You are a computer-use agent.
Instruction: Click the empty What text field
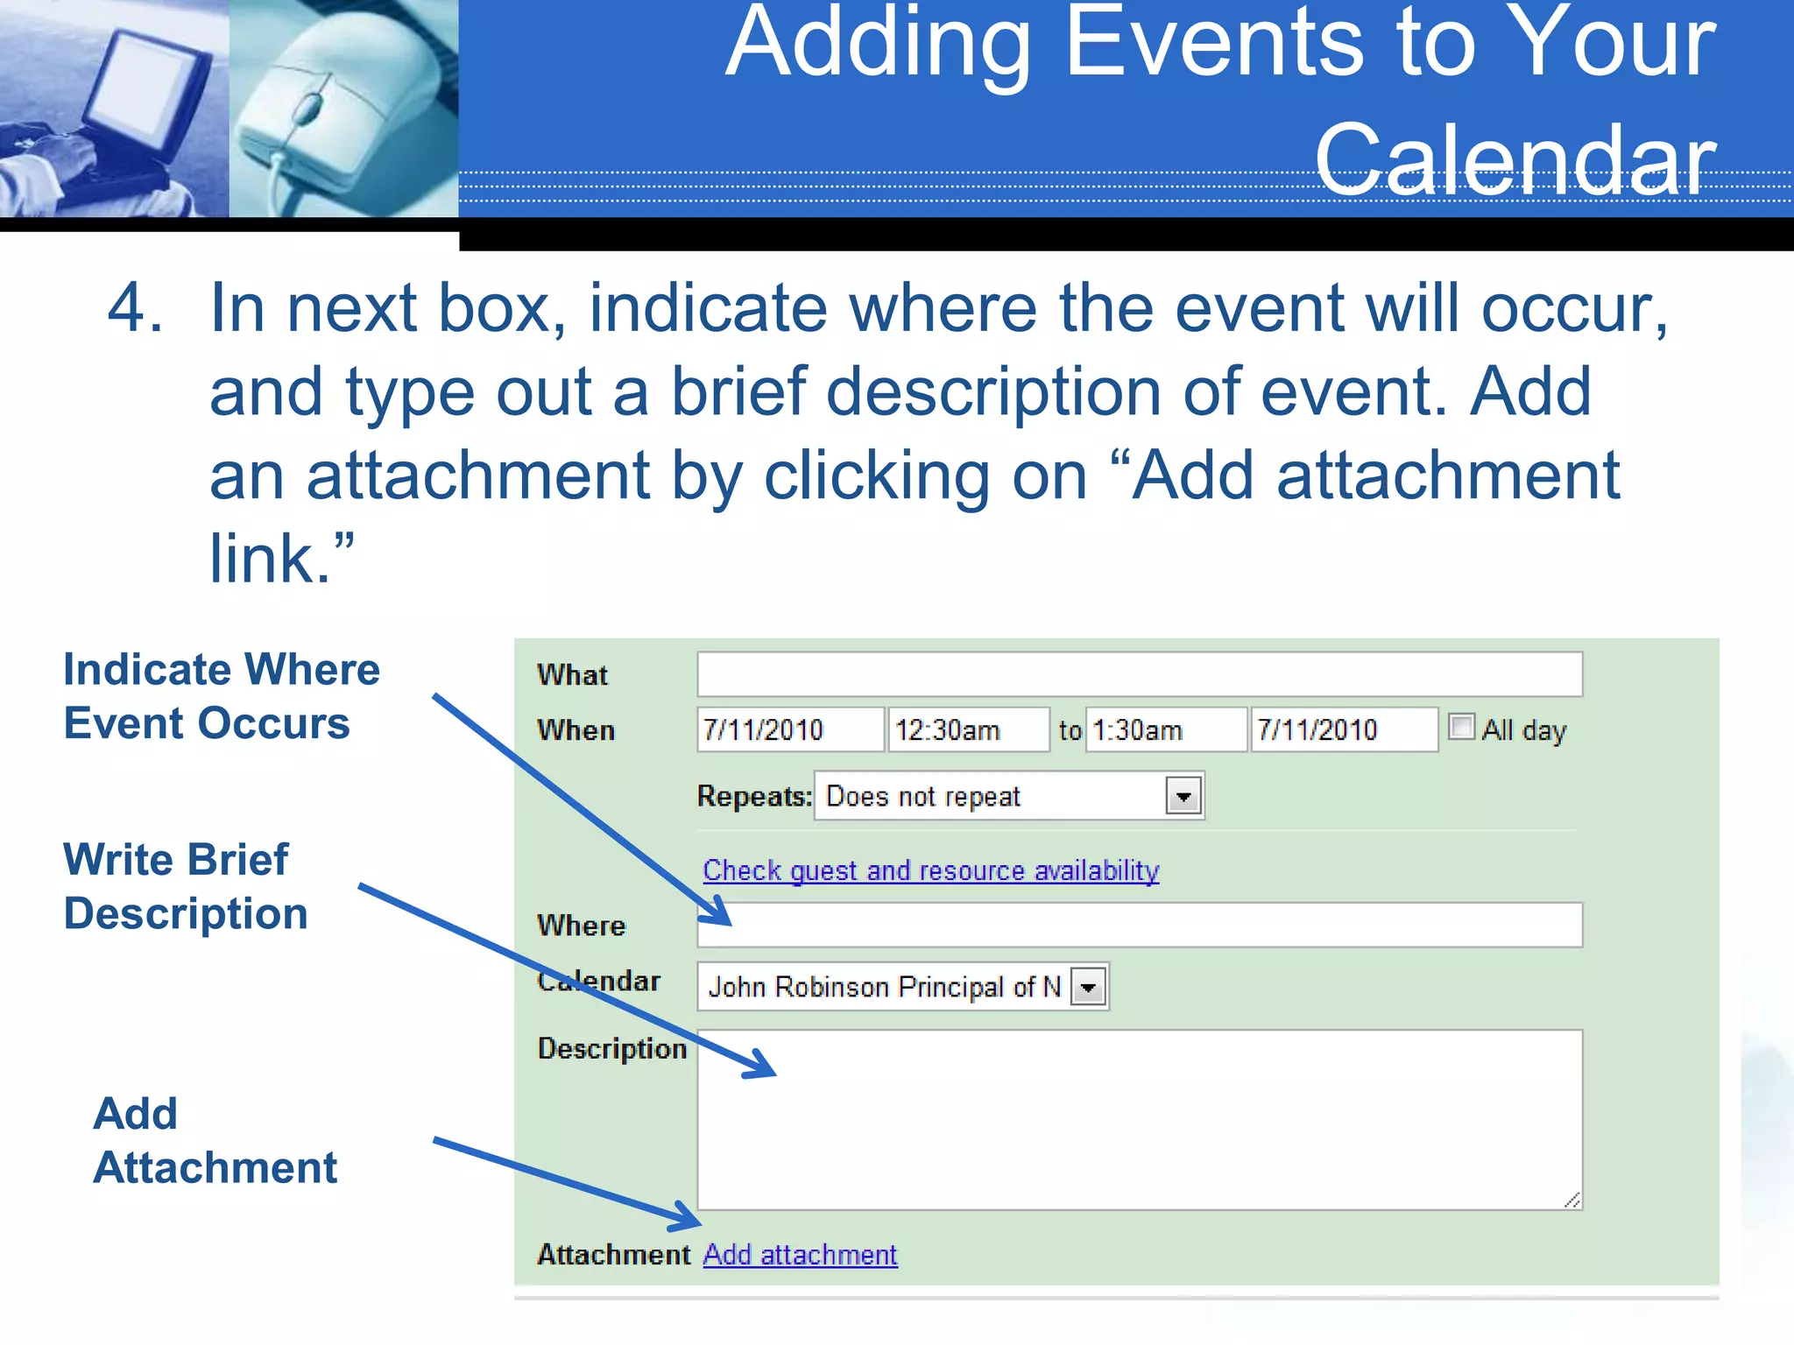(1139, 674)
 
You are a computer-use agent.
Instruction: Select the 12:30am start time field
(967, 729)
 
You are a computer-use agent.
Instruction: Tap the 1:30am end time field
(1165, 729)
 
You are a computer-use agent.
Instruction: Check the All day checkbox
(1461, 727)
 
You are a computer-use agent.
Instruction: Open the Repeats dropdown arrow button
(1183, 796)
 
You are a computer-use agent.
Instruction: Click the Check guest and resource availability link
(930, 870)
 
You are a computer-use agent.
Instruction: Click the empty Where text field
(1139, 926)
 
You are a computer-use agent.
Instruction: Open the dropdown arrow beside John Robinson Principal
(1089, 988)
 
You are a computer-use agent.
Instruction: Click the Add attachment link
(800, 1255)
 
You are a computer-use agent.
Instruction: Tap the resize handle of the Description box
(1572, 1200)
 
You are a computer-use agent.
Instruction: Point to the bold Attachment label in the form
(613, 1255)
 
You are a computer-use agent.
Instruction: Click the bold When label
(576, 730)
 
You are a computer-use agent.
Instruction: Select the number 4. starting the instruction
(135, 308)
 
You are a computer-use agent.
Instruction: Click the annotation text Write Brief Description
(185, 886)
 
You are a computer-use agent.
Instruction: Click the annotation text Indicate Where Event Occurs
(221, 696)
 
